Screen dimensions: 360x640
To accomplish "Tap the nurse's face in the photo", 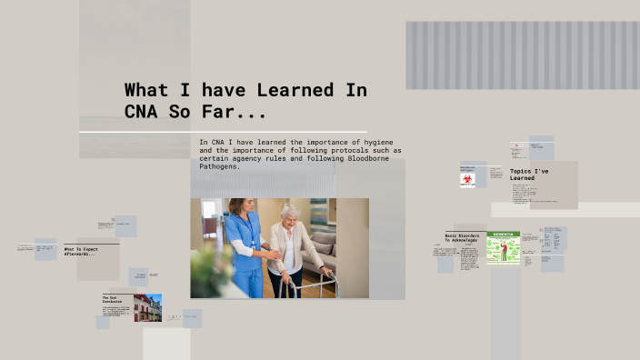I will coord(237,207).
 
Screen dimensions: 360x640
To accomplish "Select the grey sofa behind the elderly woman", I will coord(346,250).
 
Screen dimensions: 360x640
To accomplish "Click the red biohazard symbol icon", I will coord(467,180).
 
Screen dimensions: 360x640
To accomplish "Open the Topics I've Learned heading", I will coord(527,175).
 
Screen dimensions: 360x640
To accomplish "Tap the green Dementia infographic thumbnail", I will coord(503,247).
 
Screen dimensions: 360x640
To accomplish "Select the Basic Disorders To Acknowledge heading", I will coord(462,238).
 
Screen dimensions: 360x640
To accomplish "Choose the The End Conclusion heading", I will coord(110,299).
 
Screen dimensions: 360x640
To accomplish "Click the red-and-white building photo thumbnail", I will coord(147,307).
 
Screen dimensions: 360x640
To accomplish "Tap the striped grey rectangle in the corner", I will coord(522,55).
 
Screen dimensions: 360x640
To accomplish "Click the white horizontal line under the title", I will coord(223,132).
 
